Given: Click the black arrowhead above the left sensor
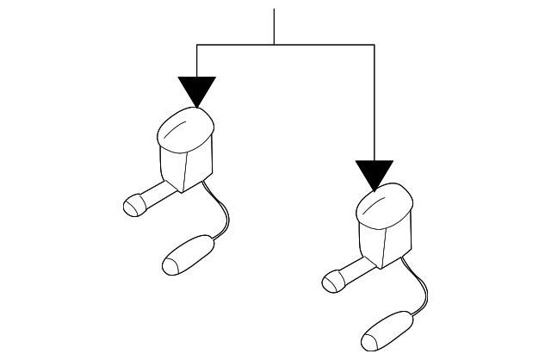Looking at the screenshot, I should pos(197,90).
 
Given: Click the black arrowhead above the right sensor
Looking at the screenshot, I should pos(375,173).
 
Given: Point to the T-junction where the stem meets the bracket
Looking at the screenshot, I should pos(274,44).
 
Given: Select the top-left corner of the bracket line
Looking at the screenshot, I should pos(197,44).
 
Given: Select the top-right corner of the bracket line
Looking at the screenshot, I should pos(375,44).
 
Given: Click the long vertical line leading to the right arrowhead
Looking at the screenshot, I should pos(375,103).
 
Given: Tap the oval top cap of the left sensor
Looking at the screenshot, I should pos(187,130).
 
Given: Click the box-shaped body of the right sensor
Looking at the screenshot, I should pos(381,242).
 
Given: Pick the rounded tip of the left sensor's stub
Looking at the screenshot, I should pos(133,206).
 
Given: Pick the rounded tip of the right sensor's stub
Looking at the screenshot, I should pos(331,280).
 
